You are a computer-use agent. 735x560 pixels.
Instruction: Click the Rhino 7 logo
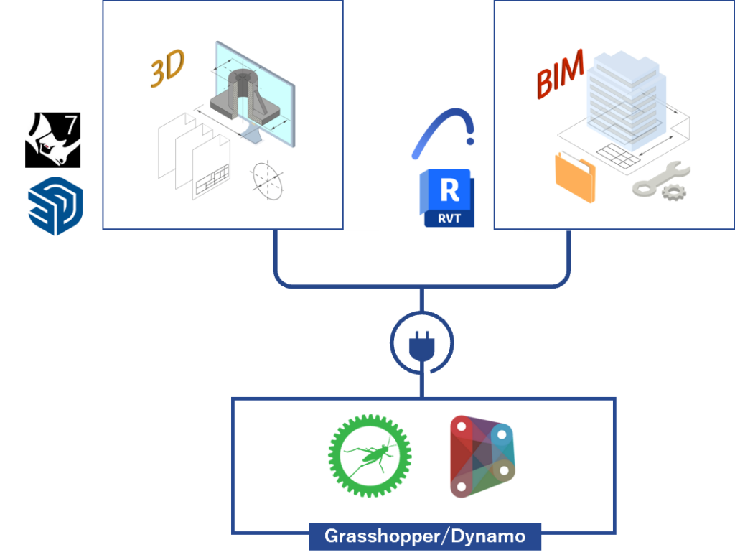(x=52, y=140)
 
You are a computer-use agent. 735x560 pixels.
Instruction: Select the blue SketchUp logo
(x=55, y=206)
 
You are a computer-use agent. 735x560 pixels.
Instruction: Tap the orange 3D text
(x=167, y=68)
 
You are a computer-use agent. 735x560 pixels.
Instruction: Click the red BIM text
(x=561, y=74)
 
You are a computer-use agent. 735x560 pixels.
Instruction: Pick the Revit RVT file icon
(x=446, y=198)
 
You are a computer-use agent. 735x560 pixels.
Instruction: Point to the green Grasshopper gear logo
(x=370, y=455)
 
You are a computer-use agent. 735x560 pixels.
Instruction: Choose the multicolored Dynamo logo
(x=482, y=456)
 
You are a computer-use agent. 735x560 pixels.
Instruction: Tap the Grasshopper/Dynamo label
(x=425, y=536)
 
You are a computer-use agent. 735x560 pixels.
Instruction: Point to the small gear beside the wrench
(x=674, y=192)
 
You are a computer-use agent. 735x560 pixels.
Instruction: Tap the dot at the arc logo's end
(x=470, y=141)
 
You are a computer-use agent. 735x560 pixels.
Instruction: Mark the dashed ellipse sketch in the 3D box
(x=268, y=181)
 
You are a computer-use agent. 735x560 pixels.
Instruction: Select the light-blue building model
(x=626, y=101)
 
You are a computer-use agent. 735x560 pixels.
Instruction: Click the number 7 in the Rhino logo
(x=70, y=125)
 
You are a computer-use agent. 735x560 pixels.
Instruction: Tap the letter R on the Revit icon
(x=450, y=190)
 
